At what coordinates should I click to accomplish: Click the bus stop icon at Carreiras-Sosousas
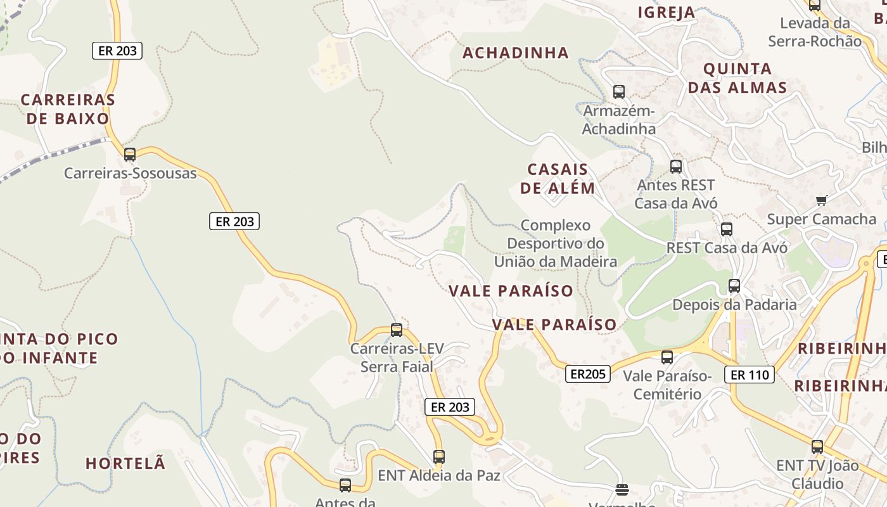click(x=130, y=154)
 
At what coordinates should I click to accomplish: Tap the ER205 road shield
click(x=588, y=374)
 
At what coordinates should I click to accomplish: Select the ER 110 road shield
click(x=750, y=375)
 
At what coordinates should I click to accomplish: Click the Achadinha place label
click(x=515, y=53)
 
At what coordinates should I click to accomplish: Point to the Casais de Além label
click(x=558, y=179)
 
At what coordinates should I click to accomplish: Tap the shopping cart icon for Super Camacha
click(x=822, y=201)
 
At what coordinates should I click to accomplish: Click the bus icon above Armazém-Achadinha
click(x=619, y=92)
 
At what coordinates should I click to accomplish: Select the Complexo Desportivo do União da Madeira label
click(x=556, y=243)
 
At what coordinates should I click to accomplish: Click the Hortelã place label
click(x=125, y=463)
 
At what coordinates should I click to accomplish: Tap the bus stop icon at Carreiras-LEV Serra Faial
click(x=397, y=330)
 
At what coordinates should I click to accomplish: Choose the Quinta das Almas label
click(x=737, y=78)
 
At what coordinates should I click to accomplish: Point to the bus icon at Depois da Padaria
click(x=734, y=286)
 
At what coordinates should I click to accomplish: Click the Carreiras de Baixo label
click(x=68, y=109)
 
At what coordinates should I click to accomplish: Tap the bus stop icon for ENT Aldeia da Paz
click(x=438, y=456)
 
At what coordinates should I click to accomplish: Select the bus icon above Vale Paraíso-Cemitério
click(x=667, y=357)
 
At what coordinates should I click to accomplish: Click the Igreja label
click(x=667, y=13)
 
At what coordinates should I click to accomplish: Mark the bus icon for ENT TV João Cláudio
click(x=817, y=447)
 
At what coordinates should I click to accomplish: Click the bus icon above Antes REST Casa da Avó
click(x=676, y=167)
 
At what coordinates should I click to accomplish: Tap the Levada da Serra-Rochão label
click(x=815, y=32)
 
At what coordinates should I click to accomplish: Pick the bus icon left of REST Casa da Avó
click(x=727, y=229)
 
